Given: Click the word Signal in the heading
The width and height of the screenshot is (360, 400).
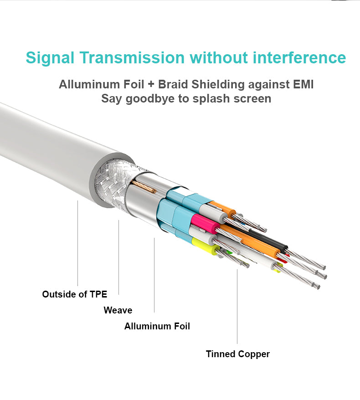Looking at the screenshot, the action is pos(50,58).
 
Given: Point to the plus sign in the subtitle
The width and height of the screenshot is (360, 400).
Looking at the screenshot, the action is pos(151,84).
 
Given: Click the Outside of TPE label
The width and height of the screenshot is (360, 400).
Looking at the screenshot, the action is pos(74,294).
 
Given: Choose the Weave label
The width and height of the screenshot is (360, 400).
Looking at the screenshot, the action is pos(118,310).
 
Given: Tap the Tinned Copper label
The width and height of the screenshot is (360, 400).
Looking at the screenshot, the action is pos(238,354).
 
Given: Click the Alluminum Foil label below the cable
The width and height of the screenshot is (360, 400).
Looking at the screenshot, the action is pos(157,326).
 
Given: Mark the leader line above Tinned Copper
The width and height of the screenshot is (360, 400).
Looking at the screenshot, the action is pos(237,306).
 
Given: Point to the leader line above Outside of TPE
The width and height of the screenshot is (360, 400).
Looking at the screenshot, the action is pos(77,243).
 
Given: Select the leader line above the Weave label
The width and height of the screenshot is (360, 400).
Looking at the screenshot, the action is pos(118,257).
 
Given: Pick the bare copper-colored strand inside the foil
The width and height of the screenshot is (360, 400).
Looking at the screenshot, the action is pos(144,187).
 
